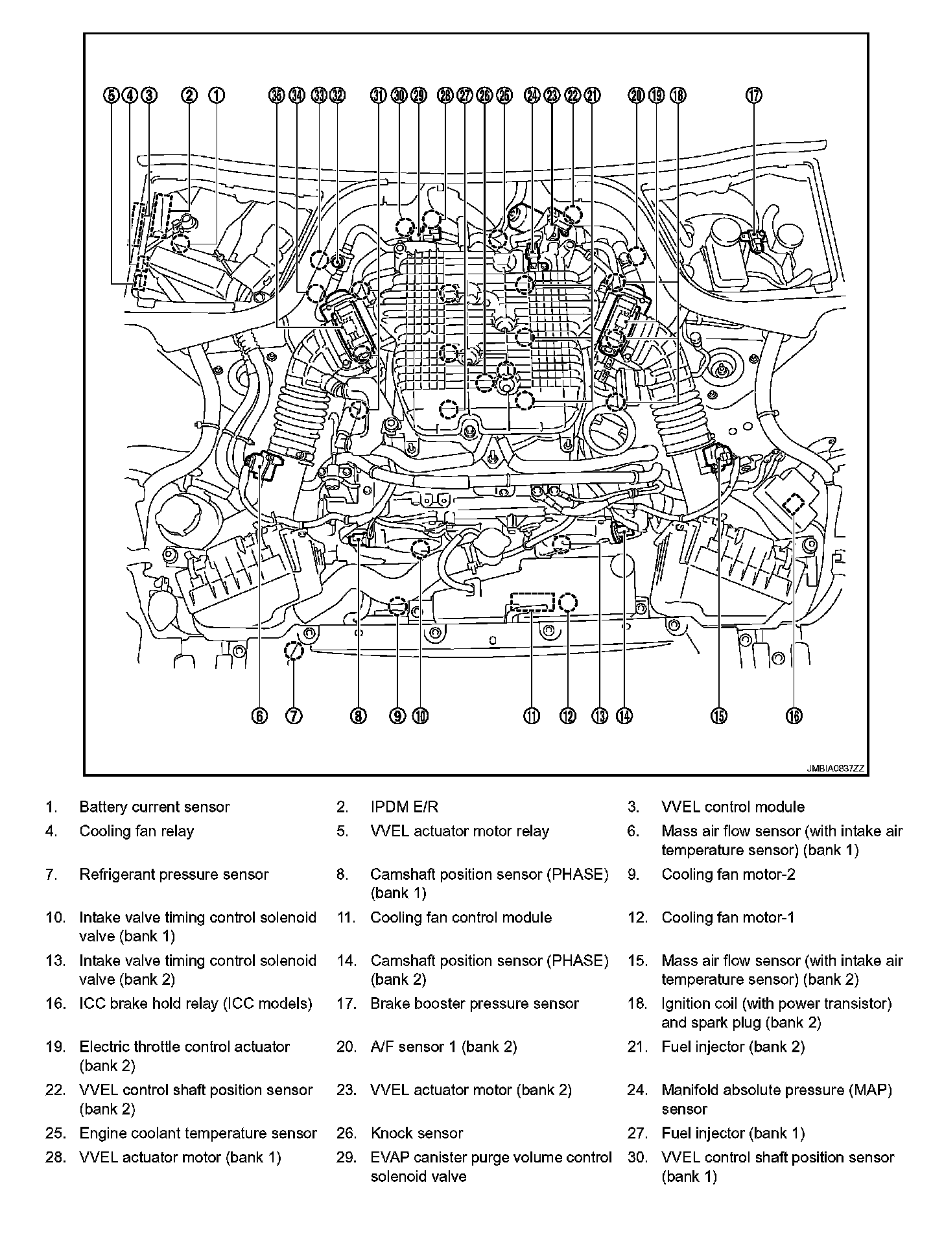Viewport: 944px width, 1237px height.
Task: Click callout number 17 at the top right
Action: click(x=753, y=95)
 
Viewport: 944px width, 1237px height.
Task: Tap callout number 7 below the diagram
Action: click(x=294, y=716)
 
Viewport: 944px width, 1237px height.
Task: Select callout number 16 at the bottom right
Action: click(x=794, y=716)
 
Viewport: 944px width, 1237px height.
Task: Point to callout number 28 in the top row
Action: click(x=445, y=95)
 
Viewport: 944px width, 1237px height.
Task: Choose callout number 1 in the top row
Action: click(x=217, y=95)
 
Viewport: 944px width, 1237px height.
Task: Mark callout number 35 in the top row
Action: click(x=277, y=95)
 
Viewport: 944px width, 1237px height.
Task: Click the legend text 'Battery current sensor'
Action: click(x=154, y=807)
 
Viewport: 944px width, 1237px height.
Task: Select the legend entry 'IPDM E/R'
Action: click(x=404, y=807)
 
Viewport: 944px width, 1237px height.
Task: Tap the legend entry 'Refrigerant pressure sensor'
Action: click(x=174, y=875)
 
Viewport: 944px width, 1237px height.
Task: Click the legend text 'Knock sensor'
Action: click(x=417, y=1133)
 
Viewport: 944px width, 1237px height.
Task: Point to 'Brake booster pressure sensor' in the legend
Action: click(x=474, y=1004)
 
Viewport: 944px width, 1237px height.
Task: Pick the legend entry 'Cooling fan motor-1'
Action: click(x=727, y=917)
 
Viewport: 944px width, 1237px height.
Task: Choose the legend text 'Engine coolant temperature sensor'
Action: click(x=198, y=1133)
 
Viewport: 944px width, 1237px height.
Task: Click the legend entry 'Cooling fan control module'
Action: click(x=461, y=917)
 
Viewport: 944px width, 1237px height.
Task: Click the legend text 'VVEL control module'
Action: click(x=733, y=807)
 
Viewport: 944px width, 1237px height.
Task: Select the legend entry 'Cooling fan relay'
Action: click(x=137, y=831)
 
